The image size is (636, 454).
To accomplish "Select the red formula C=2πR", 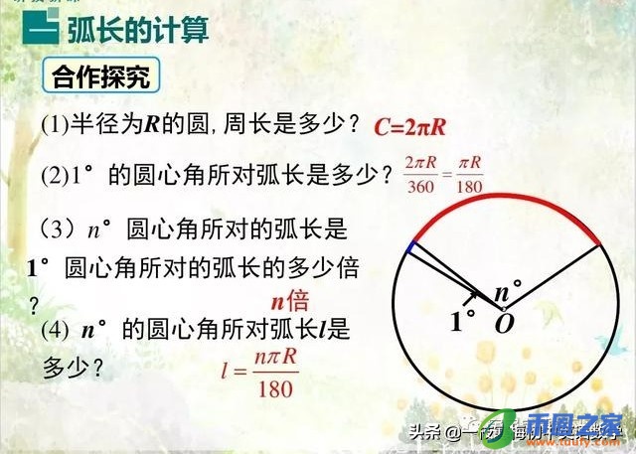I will [424, 126].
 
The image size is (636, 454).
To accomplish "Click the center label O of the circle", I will [505, 324].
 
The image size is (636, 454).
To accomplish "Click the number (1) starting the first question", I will [54, 123].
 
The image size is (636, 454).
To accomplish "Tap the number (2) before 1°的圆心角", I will [54, 176].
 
